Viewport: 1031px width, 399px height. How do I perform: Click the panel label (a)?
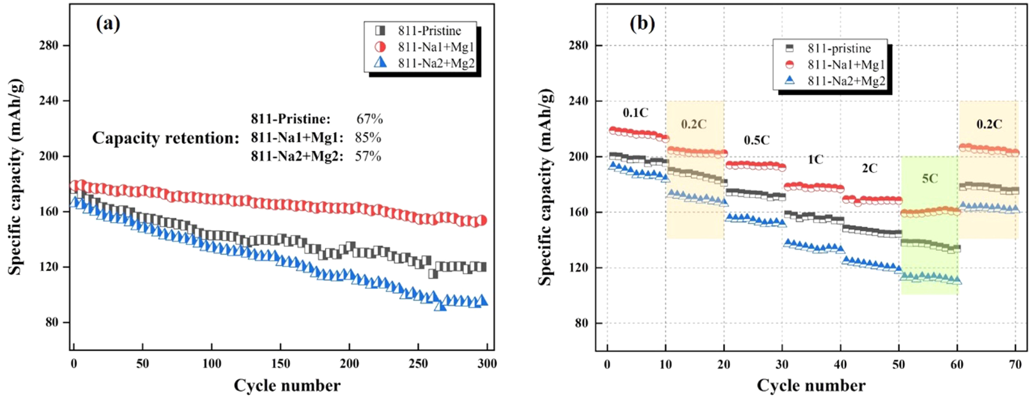point(108,23)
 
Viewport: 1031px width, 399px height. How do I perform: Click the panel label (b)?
point(642,23)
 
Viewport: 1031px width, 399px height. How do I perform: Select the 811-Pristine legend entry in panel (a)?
point(429,31)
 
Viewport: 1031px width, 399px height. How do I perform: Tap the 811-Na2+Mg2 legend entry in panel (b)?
point(846,81)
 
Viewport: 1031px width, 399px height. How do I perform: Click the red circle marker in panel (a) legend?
point(380,47)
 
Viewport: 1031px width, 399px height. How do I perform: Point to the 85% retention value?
point(368,137)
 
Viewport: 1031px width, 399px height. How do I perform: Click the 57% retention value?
point(368,156)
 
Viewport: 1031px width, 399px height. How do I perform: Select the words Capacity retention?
point(166,138)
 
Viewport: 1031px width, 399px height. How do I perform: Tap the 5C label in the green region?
point(929,179)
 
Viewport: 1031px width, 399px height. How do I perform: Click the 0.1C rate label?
point(636,113)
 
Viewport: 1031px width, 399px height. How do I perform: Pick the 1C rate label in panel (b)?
point(815,160)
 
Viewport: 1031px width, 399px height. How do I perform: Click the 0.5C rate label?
point(757,140)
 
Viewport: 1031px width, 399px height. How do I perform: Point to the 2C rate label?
point(869,169)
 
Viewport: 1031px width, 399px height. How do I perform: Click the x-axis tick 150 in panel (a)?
point(281,364)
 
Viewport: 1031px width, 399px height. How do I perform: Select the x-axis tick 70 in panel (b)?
point(1016,364)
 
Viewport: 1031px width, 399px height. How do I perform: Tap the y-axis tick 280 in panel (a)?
point(49,45)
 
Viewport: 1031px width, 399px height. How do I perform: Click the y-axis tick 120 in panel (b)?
point(578,268)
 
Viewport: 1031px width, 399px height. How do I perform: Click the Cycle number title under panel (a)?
point(287,386)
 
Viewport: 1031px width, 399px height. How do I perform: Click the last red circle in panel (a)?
point(482,220)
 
